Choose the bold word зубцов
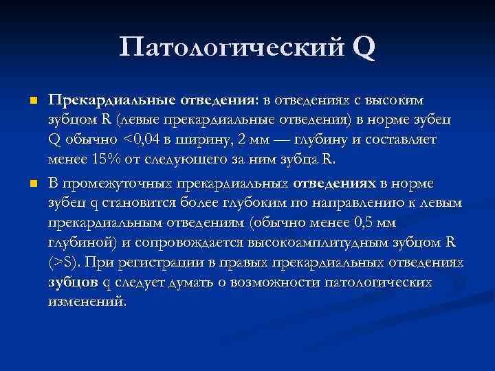[74, 283]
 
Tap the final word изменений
[88, 303]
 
